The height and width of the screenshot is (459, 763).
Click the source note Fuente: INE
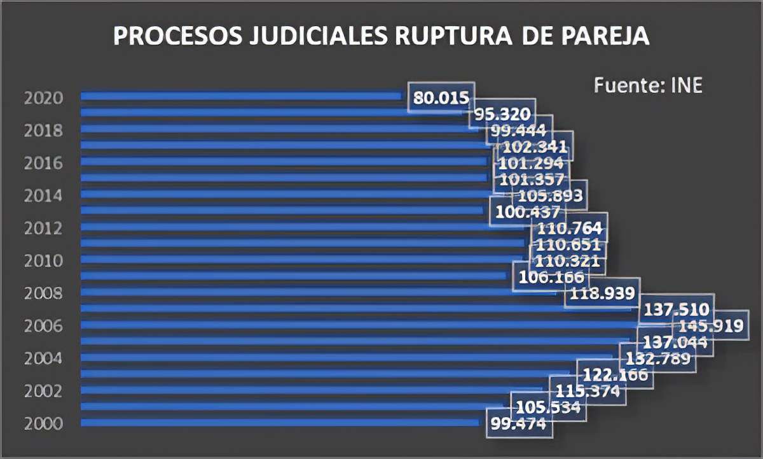point(648,85)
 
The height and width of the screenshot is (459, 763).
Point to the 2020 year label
point(43,98)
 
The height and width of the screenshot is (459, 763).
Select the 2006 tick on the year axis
point(43,326)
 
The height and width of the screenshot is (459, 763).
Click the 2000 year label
point(43,423)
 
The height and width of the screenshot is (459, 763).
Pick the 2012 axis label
point(43,229)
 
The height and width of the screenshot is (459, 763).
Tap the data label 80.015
point(441,98)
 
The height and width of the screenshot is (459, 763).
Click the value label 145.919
point(711,327)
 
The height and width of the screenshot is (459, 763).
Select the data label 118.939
point(602,293)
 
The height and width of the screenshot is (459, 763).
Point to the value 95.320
point(502,115)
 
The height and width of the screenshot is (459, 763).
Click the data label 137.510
point(677,310)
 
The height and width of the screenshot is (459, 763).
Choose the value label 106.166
point(551,277)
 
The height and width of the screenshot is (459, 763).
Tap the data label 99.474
point(519,423)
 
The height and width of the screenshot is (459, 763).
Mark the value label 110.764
point(570,229)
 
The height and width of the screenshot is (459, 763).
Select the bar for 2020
point(242,96)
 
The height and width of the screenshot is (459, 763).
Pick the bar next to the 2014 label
point(286,194)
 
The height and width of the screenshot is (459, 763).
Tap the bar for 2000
point(280,421)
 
